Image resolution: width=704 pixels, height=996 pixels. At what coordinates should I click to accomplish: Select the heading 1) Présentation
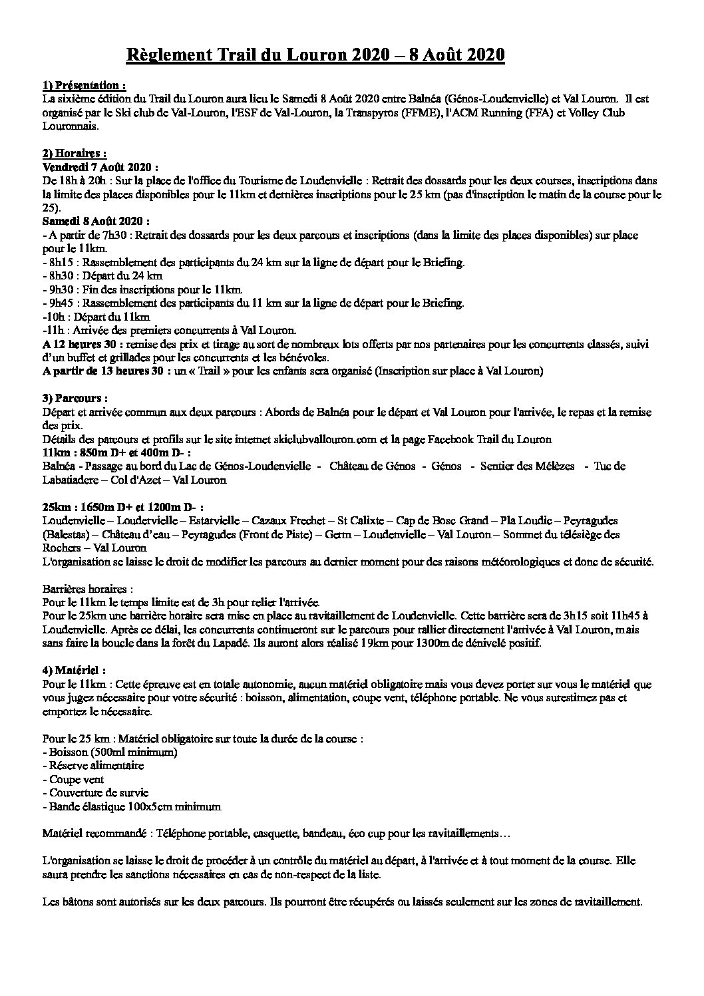pyautogui.click(x=83, y=85)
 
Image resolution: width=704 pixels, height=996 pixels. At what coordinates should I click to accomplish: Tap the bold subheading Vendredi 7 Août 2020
pyautogui.click(x=100, y=167)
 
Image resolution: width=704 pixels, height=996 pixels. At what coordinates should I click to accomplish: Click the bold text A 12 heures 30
pyautogui.click(x=76, y=344)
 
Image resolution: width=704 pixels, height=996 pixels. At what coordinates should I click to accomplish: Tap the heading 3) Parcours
pyautogui.click(x=74, y=398)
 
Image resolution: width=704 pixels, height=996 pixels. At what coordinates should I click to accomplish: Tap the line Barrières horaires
pyautogui.click(x=87, y=589)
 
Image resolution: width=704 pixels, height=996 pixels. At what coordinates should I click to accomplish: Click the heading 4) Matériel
pyautogui.click(x=74, y=670)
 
